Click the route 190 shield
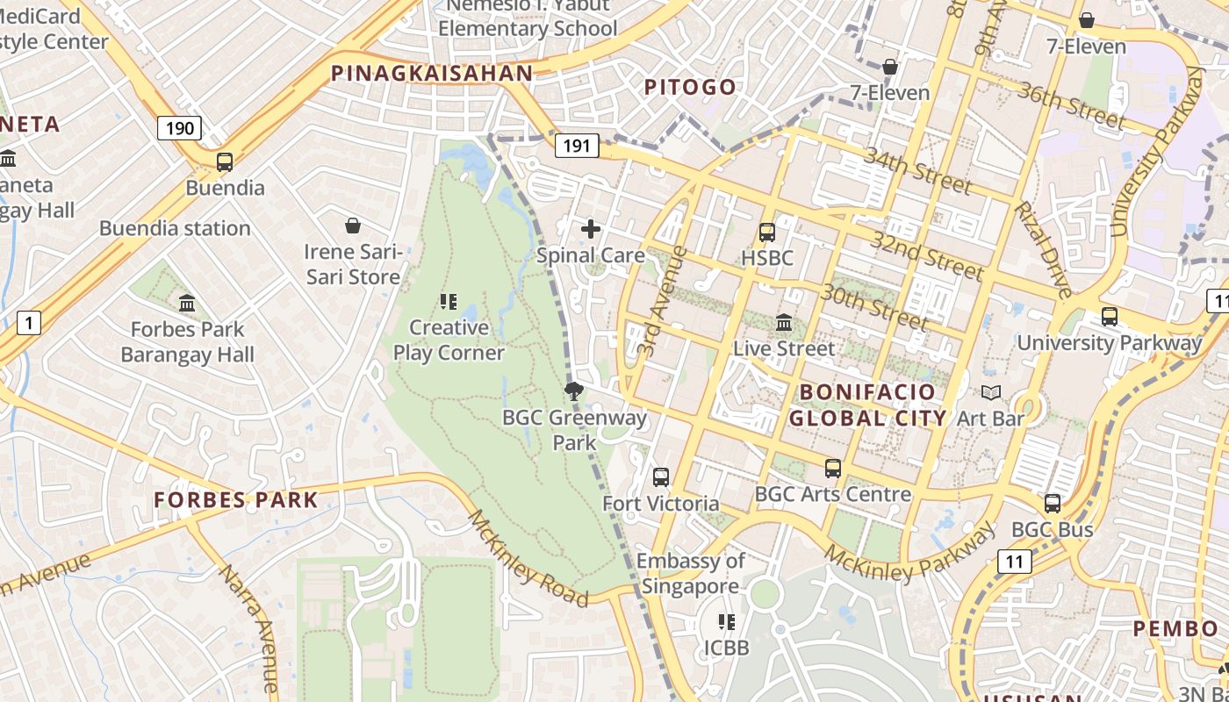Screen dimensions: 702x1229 180,129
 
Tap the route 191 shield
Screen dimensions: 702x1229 576,146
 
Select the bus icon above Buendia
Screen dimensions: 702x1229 225,162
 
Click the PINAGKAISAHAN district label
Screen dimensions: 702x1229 432,74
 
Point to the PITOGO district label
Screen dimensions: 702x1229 690,87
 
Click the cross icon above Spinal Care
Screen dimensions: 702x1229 591,230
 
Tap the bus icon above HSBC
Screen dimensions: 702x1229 766,233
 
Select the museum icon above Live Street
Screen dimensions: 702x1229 784,323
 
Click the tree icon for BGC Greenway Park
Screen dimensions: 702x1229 574,391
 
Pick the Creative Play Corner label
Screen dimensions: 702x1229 449,340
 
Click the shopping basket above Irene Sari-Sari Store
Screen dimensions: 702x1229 353,226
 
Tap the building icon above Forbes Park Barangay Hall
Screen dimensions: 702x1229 187,304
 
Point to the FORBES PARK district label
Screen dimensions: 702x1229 236,500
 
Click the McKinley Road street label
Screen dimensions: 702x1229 528,558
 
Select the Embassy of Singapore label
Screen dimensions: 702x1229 690,573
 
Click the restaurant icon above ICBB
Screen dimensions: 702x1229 727,622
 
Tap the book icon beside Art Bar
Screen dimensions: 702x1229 991,393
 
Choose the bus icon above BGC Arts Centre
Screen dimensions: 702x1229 832,469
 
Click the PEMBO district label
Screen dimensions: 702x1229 1175,629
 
